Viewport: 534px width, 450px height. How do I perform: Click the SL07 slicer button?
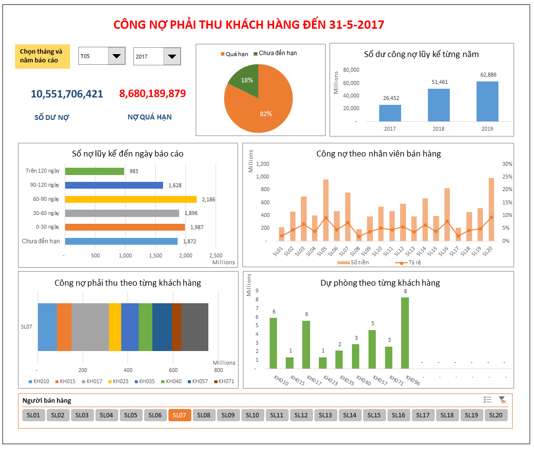pyautogui.click(x=180, y=415)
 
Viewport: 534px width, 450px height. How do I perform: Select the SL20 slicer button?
pyautogui.click(x=496, y=415)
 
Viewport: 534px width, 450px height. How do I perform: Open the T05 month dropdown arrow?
pyautogui.click(x=116, y=56)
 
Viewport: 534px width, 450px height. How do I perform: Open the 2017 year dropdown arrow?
pyautogui.click(x=172, y=57)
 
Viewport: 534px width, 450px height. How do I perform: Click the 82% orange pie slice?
pyautogui.click(x=265, y=107)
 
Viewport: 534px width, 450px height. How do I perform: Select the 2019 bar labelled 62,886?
pyautogui.click(x=487, y=101)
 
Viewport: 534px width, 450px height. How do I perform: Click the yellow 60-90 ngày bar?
pyautogui.click(x=130, y=199)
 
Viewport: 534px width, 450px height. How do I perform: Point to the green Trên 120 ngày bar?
pyautogui.click(x=94, y=171)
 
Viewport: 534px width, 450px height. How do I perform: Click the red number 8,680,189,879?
pyautogui.click(x=152, y=94)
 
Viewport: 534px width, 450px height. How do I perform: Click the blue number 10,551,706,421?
pyautogui.click(x=67, y=94)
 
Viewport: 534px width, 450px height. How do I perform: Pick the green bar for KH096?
pyautogui.click(x=405, y=333)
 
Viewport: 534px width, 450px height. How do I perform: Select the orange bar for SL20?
pyautogui.click(x=491, y=209)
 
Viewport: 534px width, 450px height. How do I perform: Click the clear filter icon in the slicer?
pyautogui.click(x=502, y=400)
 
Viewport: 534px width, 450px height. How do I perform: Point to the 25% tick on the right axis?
pyautogui.click(x=507, y=176)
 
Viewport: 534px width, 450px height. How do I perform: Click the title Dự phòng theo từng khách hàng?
pyautogui.click(x=380, y=283)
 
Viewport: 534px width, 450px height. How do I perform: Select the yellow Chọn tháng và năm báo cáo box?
pyautogui.click(x=42, y=56)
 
